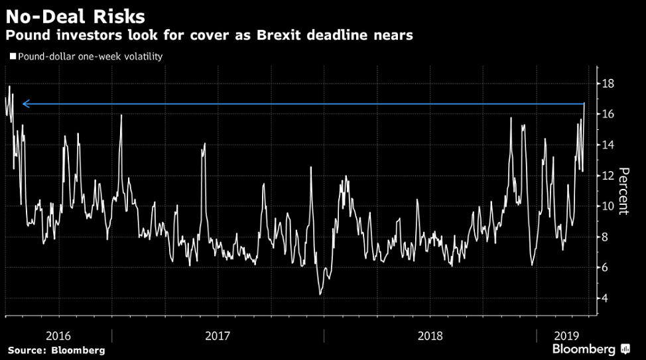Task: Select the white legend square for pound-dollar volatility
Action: pyautogui.click(x=12, y=57)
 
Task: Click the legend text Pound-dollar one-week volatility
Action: pyautogui.click(x=90, y=57)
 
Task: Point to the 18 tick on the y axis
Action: pyautogui.click(x=608, y=84)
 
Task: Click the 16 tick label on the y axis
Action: pyautogui.click(x=608, y=114)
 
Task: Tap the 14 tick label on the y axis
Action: pyautogui.click(x=608, y=145)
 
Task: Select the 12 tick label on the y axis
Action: pyautogui.click(x=608, y=176)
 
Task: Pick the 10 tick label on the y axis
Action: pyautogui.click(x=608, y=206)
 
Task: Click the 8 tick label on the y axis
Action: pyautogui.click(x=605, y=237)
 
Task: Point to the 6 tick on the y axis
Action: pyautogui.click(x=605, y=267)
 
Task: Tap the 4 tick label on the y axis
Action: pyautogui.click(x=605, y=298)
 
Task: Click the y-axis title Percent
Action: pyautogui.click(x=623, y=191)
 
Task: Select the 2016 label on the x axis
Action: pyautogui.click(x=59, y=335)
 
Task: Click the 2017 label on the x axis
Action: pyautogui.click(x=218, y=335)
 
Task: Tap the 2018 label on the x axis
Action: pyautogui.click(x=430, y=335)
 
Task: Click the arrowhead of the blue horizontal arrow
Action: pyautogui.click(x=25, y=104)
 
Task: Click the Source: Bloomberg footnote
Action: pyautogui.click(x=56, y=350)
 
